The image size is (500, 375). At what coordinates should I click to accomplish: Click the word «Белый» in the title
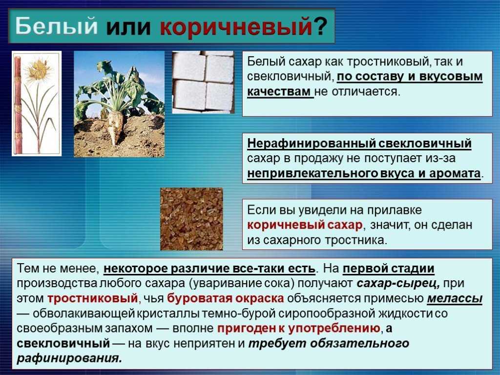(56, 25)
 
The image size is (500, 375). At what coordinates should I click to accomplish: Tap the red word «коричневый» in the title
(236, 27)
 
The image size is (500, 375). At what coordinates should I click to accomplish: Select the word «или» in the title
(128, 27)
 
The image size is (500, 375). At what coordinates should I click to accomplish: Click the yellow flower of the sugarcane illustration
(38, 69)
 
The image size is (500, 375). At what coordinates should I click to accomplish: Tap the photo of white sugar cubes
(203, 82)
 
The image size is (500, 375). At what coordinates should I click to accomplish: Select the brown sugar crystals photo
(191, 219)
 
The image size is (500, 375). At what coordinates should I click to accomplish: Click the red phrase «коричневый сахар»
(305, 225)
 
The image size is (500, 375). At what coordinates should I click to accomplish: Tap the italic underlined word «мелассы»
(455, 298)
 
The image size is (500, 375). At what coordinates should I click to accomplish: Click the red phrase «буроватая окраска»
(226, 298)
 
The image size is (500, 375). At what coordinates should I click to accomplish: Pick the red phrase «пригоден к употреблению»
(299, 329)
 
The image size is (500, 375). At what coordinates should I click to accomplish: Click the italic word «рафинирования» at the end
(69, 358)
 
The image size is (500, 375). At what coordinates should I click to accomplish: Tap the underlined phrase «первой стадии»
(388, 269)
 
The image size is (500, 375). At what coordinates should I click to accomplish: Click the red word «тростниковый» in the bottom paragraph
(92, 298)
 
